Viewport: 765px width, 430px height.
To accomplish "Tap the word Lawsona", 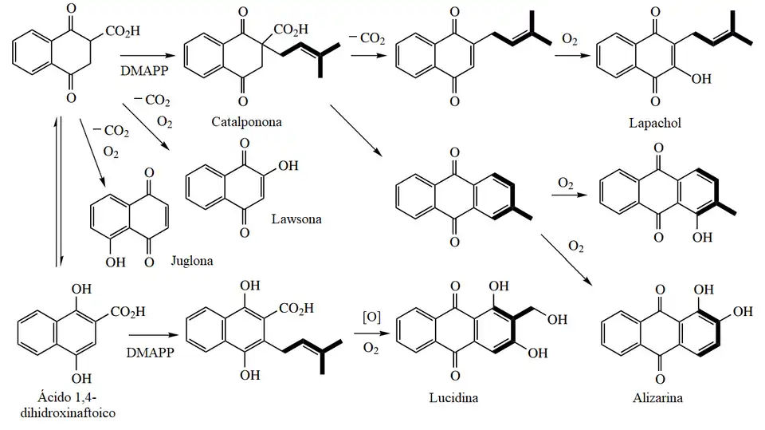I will click(296, 218).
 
